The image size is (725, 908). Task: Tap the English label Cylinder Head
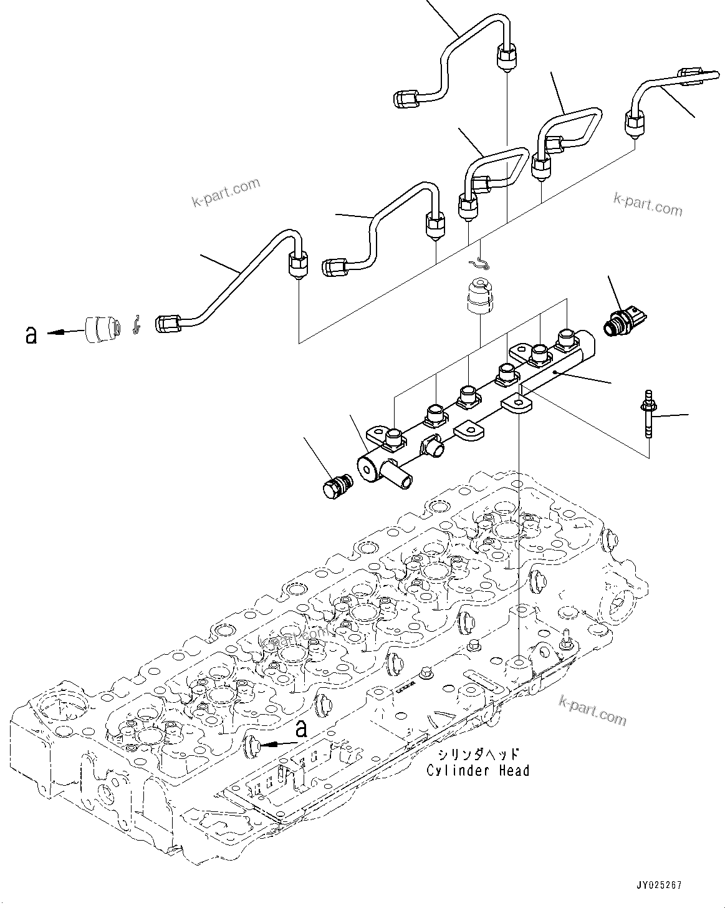click(478, 771)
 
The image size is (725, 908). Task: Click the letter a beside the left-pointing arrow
click(31, 334)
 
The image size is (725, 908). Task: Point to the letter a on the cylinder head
click(301, 728)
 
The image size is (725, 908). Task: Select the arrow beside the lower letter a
click(274, 743)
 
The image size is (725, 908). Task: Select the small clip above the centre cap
click(481, 264)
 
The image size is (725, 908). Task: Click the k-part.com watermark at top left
click(226, 193)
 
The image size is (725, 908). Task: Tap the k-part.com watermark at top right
click(648, 203)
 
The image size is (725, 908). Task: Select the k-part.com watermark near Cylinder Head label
click(593, 709)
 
